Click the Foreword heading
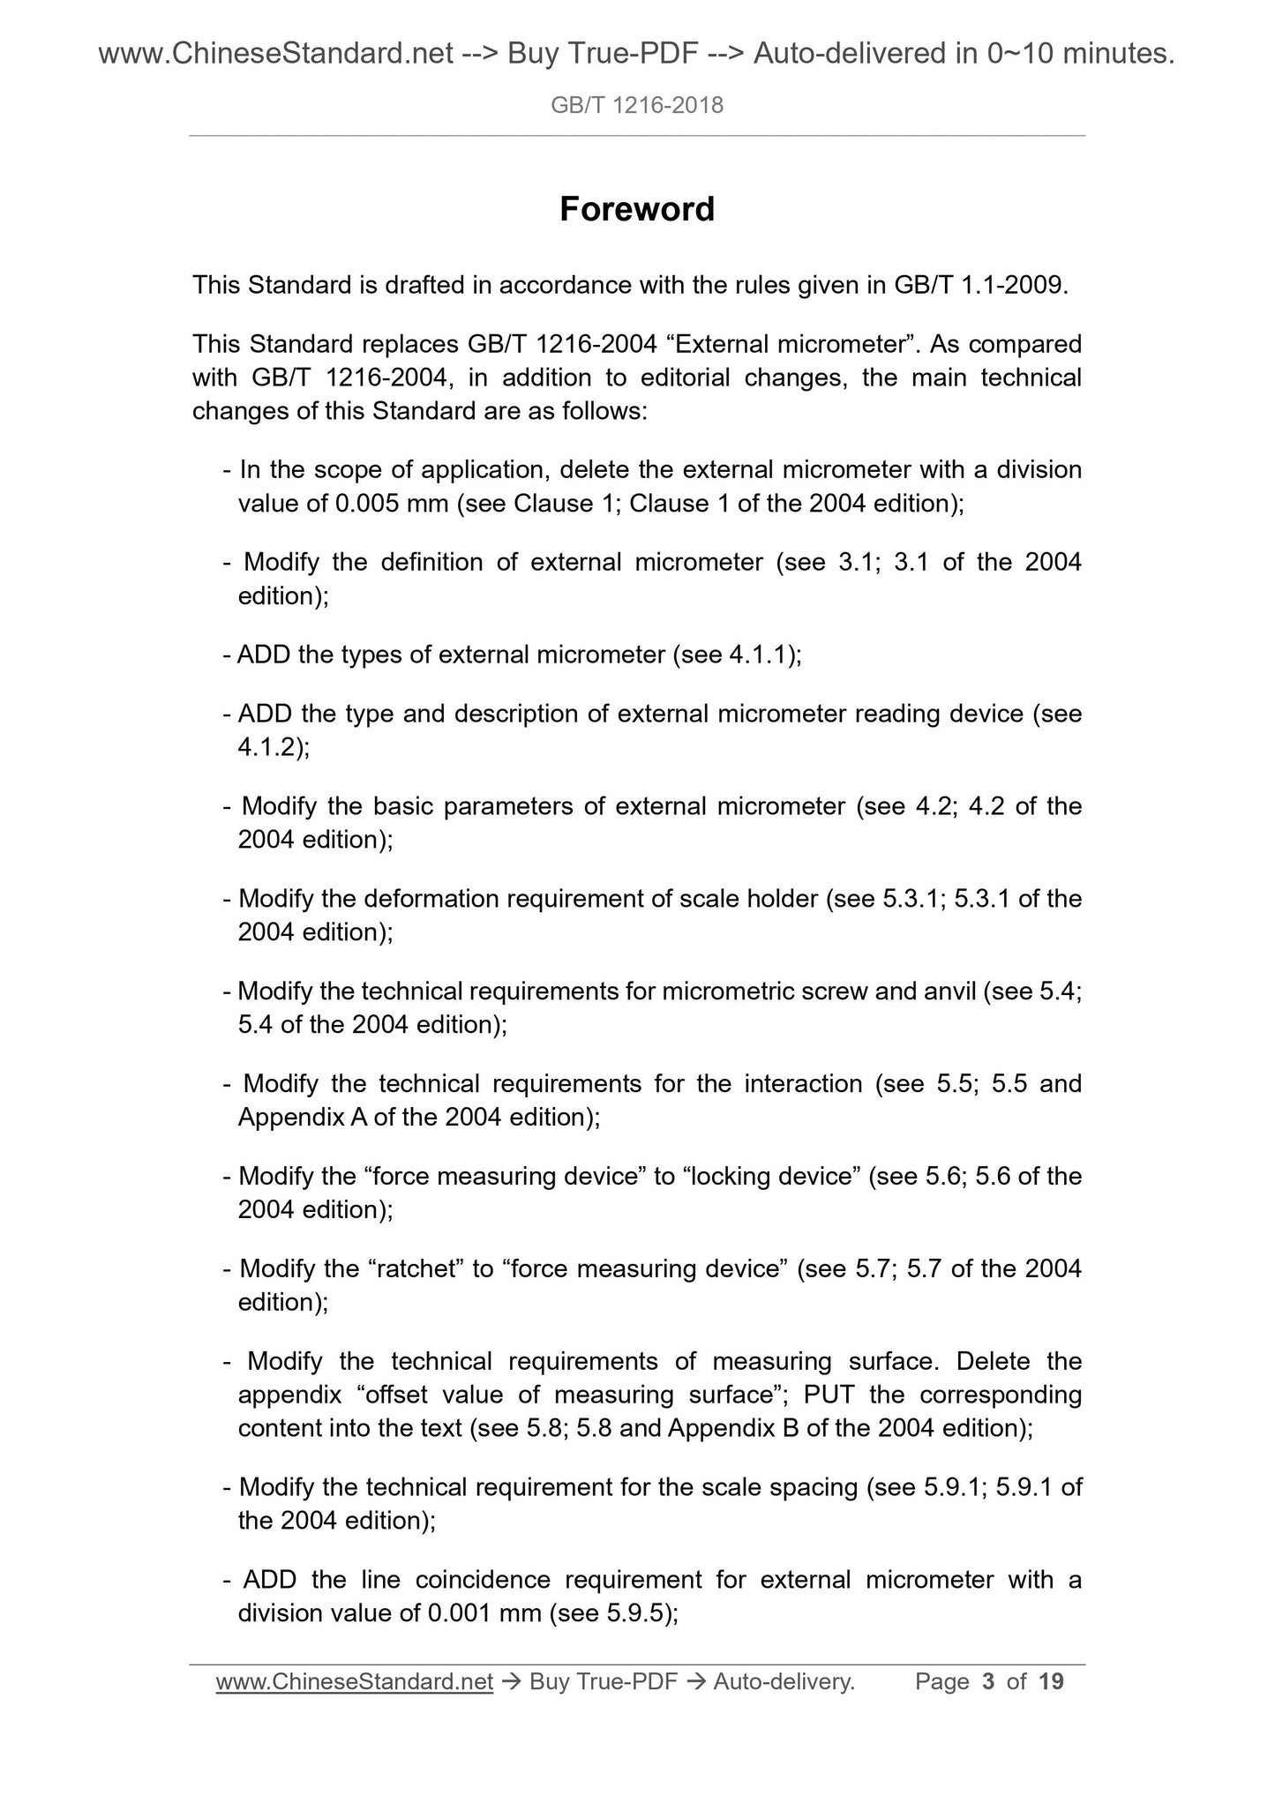[x=637, y=210]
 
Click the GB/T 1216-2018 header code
[x=637, y=106]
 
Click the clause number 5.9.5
[x=638, y=1612]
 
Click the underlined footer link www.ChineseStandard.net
[x=354, y=1682]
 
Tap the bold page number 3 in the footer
[x=988, y=1682]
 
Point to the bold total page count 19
[x=1051, y=1682]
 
